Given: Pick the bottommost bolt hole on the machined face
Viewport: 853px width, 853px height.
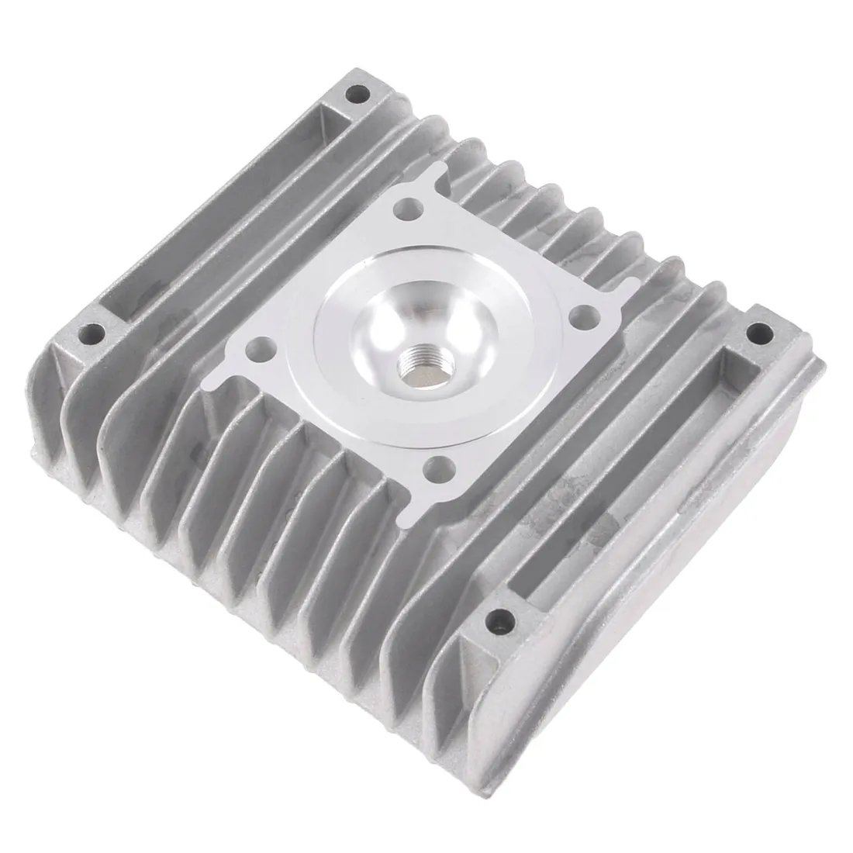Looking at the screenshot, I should coord(443,468).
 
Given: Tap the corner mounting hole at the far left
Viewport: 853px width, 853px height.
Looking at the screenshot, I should coord(97,333).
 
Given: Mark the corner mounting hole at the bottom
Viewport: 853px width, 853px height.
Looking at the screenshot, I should coord(500,619).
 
